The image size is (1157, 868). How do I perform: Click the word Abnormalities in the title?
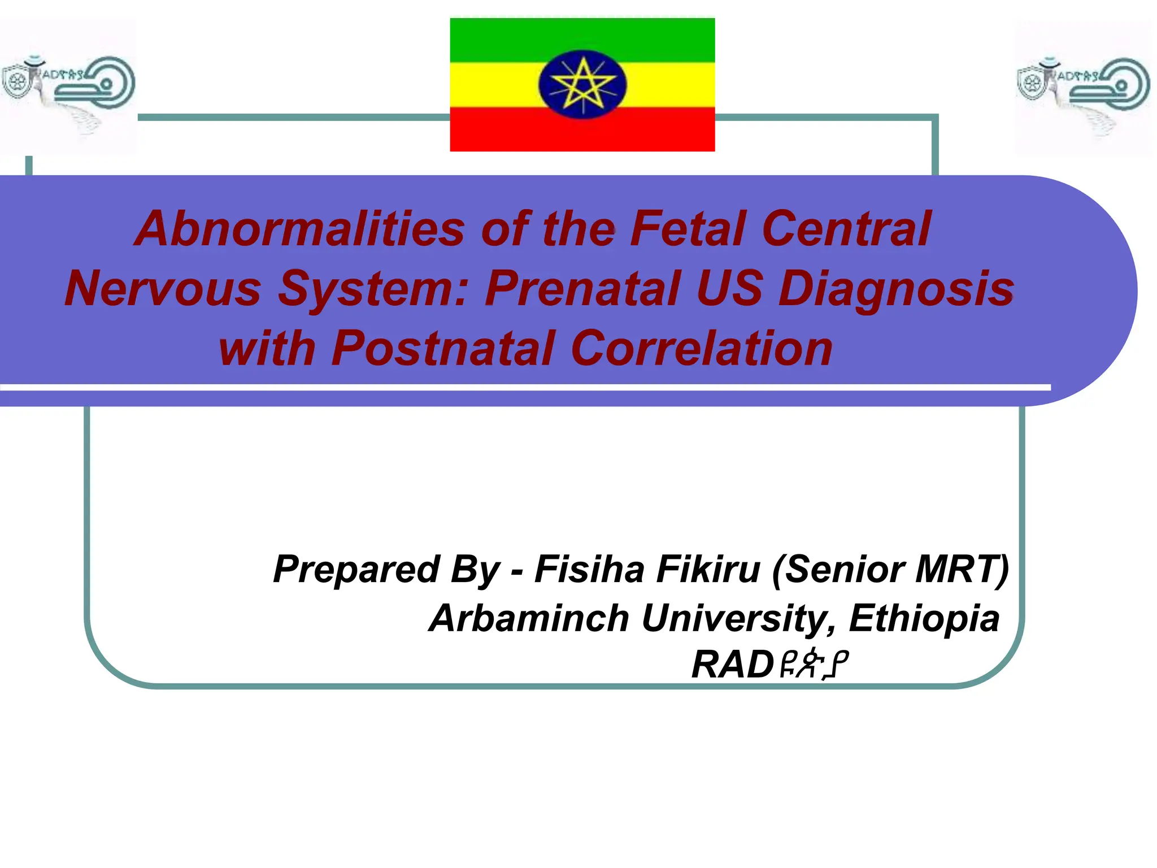pyautogui.click(x=299, y=229)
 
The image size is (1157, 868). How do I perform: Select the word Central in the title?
pyautogui.click(x=846, y=229)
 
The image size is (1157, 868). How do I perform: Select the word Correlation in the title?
pyautogui.click(x=702, y=348)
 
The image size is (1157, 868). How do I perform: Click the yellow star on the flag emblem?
pyautogui.click(x=582, y=85)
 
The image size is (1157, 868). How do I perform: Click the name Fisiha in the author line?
pyautogui.click(x=589, y=569)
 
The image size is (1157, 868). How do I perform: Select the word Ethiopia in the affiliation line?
pyautogui.click(x=924, y=618)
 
